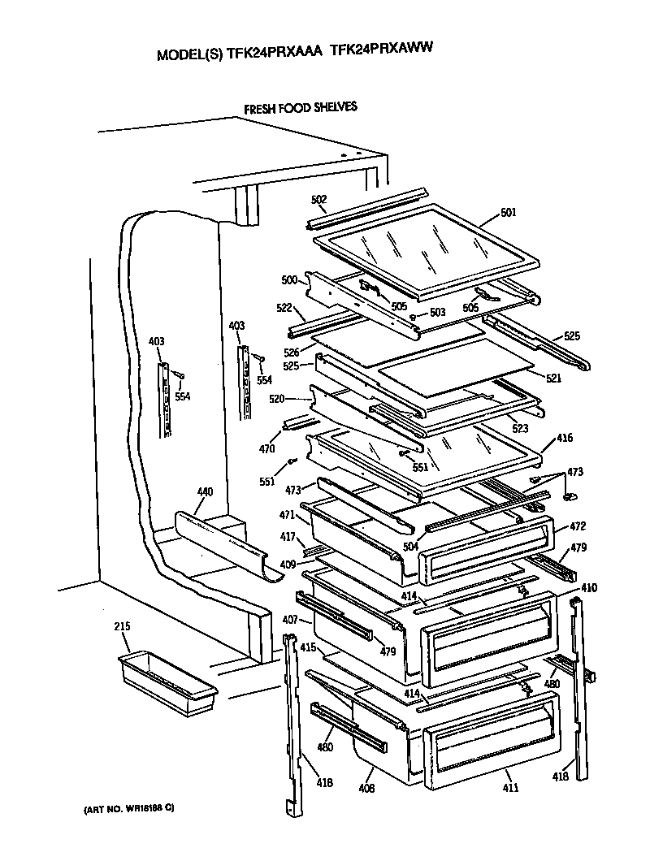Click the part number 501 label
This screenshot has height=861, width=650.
coord(509,214)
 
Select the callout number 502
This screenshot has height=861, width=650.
coord(318,200)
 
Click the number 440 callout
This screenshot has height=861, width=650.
coord(205,492)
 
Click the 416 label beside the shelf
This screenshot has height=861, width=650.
coord(565,439)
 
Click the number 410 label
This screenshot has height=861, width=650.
coord(589,588)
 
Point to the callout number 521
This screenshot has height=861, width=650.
coord(552,379)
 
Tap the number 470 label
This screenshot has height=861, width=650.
coord(266,448)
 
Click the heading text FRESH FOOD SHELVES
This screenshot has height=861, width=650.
coord(301,107)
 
